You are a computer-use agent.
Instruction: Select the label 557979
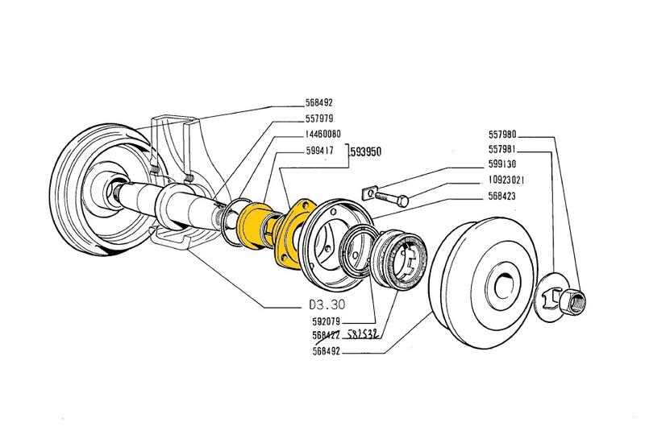[321, 119]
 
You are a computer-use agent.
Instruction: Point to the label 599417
[321, 150]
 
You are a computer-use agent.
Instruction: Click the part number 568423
[506, 197]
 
